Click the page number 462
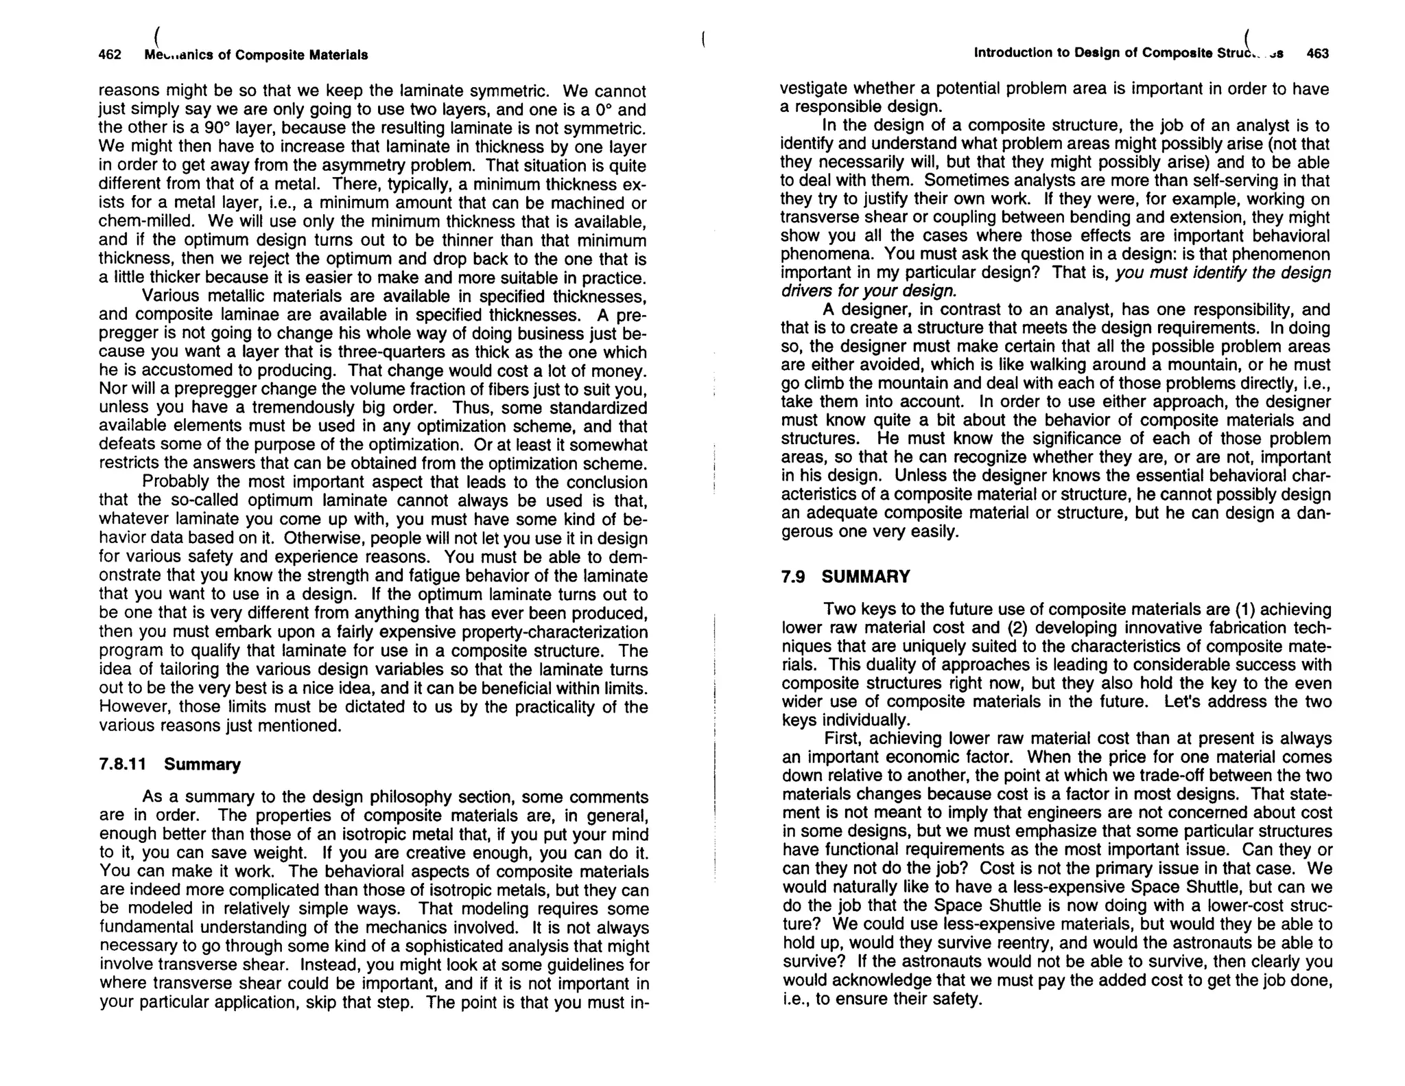(110, 55)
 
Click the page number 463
(1317, 54)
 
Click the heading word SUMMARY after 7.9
(866, 577)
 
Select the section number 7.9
(793, 577)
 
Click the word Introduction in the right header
(1007, 53)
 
